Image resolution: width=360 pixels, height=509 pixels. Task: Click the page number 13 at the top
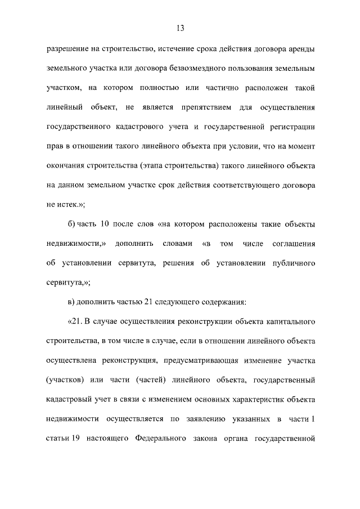point(180,28)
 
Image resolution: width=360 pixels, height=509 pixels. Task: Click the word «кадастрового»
point(141,126)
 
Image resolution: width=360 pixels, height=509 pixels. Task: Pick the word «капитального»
point(285,322)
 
